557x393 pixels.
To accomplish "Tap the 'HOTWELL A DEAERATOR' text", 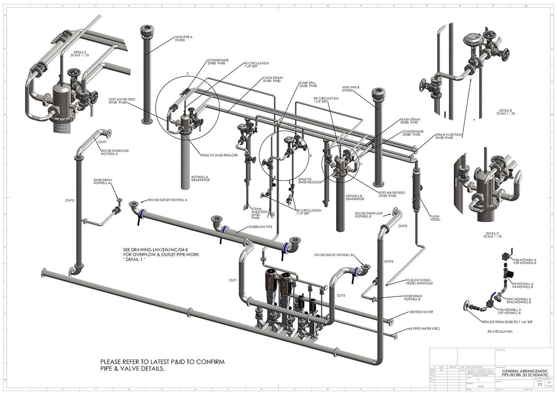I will tap(200, 178).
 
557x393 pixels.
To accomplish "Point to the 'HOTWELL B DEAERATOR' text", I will tap(355, 197).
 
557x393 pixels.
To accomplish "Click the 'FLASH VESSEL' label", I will tap(435, 218).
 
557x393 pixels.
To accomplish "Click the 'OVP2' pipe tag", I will tap(70, 201).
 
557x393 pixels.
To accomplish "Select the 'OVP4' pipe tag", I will tap(389, 262).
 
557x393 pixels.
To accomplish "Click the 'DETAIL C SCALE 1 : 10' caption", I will tap(492, 235).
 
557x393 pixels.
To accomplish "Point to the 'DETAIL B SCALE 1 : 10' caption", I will tap(505, 112).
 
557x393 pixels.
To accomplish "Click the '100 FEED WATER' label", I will tap(421, 312).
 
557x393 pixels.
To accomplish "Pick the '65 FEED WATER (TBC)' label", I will tap(424, 329).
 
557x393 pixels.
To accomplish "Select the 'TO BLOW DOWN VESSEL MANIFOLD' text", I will tap(419, 282).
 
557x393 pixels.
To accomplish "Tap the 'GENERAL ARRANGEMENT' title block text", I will tap(524, 371).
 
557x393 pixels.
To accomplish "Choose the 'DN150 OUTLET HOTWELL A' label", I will tap(168, 200).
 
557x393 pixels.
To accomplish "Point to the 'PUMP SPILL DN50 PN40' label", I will tap(308, 84).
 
